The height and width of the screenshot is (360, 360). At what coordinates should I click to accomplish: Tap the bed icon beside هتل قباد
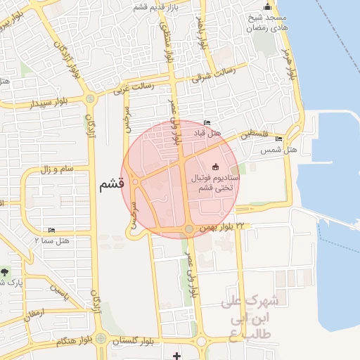207,122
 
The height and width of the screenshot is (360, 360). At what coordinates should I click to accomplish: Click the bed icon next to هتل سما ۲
51,231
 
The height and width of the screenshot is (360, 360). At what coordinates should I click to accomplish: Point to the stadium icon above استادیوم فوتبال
215,167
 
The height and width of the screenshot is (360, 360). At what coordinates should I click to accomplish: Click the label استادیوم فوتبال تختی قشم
216,184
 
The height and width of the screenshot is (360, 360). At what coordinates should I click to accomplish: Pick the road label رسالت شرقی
212,75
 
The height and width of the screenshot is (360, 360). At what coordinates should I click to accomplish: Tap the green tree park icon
6,271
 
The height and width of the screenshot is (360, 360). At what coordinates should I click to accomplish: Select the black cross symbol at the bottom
176,356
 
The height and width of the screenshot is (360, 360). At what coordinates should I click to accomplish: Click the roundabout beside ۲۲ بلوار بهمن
189,229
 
